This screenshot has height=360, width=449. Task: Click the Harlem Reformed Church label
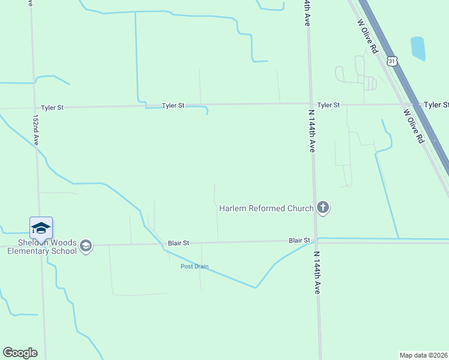pyautogui.click(x=266, y=209)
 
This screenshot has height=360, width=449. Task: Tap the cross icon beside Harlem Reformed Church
pyautogui.click(x=323, y=208)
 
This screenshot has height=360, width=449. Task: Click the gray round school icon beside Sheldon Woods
pyautogui.click(x=86, y=246)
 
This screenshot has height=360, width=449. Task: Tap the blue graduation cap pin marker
pyautogui.click(x=41, y=227)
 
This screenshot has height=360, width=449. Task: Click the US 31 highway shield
pyautogui.click(x=392, y=61)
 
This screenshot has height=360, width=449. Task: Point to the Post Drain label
pyautogui.click(x=194, y=266)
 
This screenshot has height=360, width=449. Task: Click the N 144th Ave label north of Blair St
pyautogui.click(x=312, y=131)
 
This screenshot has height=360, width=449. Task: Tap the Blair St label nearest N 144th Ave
pyautogui.click(x=299, y=241)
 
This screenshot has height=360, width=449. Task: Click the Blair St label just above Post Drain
pyautogui.click(x=178, y=243)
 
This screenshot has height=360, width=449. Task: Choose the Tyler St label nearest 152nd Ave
pyautogui.click(x=52, y=108)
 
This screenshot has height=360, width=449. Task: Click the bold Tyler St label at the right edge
pyautogui.click(x=436, y=105)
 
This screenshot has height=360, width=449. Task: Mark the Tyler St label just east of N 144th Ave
pyautogui.click(x=328, y=105)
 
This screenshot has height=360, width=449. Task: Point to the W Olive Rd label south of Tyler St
pyautogui.click(x=414, y=125)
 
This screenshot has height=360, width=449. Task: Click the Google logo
pyautogui.click(x=20, y=353)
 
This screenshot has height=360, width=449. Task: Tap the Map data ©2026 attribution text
pyautogui.click(x=424, y=355)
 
